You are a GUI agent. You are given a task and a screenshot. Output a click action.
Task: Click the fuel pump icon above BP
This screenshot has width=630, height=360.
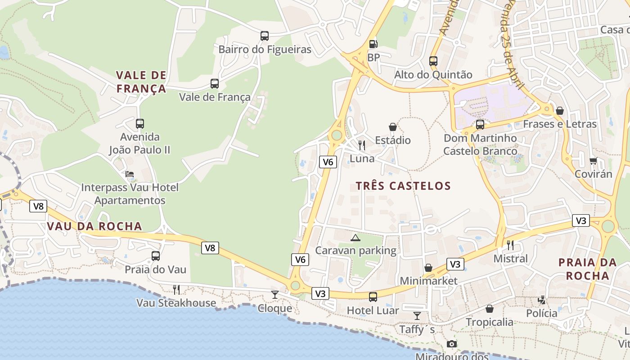point(373,44)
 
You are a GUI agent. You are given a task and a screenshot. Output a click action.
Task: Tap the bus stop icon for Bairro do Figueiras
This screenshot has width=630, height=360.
point(265,36)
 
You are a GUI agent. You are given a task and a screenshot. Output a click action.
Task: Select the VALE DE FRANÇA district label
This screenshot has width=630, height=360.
point(141,82)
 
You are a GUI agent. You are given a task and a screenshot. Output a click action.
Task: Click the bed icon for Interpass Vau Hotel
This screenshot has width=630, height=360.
point(130,174)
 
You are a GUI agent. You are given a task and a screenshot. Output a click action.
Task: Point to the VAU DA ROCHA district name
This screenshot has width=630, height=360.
point(94,226)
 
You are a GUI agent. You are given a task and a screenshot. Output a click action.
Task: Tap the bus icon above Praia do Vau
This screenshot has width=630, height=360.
point(155,256)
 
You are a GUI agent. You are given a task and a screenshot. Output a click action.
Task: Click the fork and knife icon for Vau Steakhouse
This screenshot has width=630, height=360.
point(176,289)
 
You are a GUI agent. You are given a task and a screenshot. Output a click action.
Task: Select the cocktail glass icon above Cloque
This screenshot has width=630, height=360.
point(274,295)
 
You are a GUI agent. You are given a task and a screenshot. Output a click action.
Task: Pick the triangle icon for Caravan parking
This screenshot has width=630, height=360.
point(355,238)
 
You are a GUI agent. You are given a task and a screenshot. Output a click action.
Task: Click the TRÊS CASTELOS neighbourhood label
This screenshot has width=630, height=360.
point(403,186)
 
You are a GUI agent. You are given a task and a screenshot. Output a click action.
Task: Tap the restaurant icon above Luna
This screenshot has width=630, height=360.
point(362,145)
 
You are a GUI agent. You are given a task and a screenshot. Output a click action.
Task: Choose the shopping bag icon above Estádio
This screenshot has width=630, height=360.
point(393,127)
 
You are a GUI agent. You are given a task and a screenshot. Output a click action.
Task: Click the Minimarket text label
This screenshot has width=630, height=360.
point(428,281)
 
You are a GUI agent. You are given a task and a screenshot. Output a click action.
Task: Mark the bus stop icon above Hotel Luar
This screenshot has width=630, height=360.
point(373,297)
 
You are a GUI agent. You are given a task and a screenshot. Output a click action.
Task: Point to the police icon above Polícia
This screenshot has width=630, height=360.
point(542,300)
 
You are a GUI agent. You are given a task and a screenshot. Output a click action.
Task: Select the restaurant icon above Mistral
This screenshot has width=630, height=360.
point(510,245)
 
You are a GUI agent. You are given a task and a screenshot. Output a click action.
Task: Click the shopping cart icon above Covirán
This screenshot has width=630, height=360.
point(593,161)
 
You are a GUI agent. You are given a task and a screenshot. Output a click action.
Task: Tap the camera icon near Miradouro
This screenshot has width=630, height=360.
point(452,344)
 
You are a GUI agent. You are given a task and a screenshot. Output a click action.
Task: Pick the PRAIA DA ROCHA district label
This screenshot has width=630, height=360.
point(587,269)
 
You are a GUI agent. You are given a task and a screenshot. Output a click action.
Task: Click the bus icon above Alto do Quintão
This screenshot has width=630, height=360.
point(433,61)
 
